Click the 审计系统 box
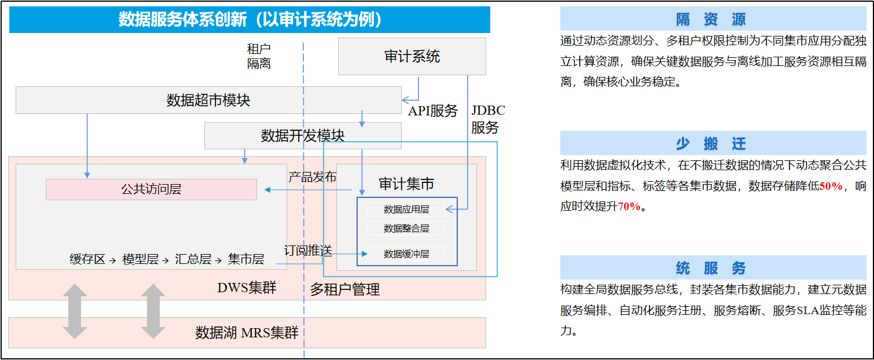coord(412,56)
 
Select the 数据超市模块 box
coord(208,100)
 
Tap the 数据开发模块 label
coord(302,136)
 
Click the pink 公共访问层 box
coord(152,189)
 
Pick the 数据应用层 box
coord(406,210)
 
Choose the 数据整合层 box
coord(406,229)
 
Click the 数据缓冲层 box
coord(406,254)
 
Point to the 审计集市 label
coord(406,183)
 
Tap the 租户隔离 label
coord(259,56)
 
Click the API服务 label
coord(433,111)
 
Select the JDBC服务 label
coord(488,119)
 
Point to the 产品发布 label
coord(312,177)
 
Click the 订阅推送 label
coord(308,251)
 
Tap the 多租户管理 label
coord(345,289)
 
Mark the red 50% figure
coord(831,186)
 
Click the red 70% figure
coord(629,206)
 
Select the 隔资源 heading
coord(711,19)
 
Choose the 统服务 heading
coord(711,269)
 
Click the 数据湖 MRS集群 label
coord(247,333)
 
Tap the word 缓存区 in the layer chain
coord(87,259)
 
